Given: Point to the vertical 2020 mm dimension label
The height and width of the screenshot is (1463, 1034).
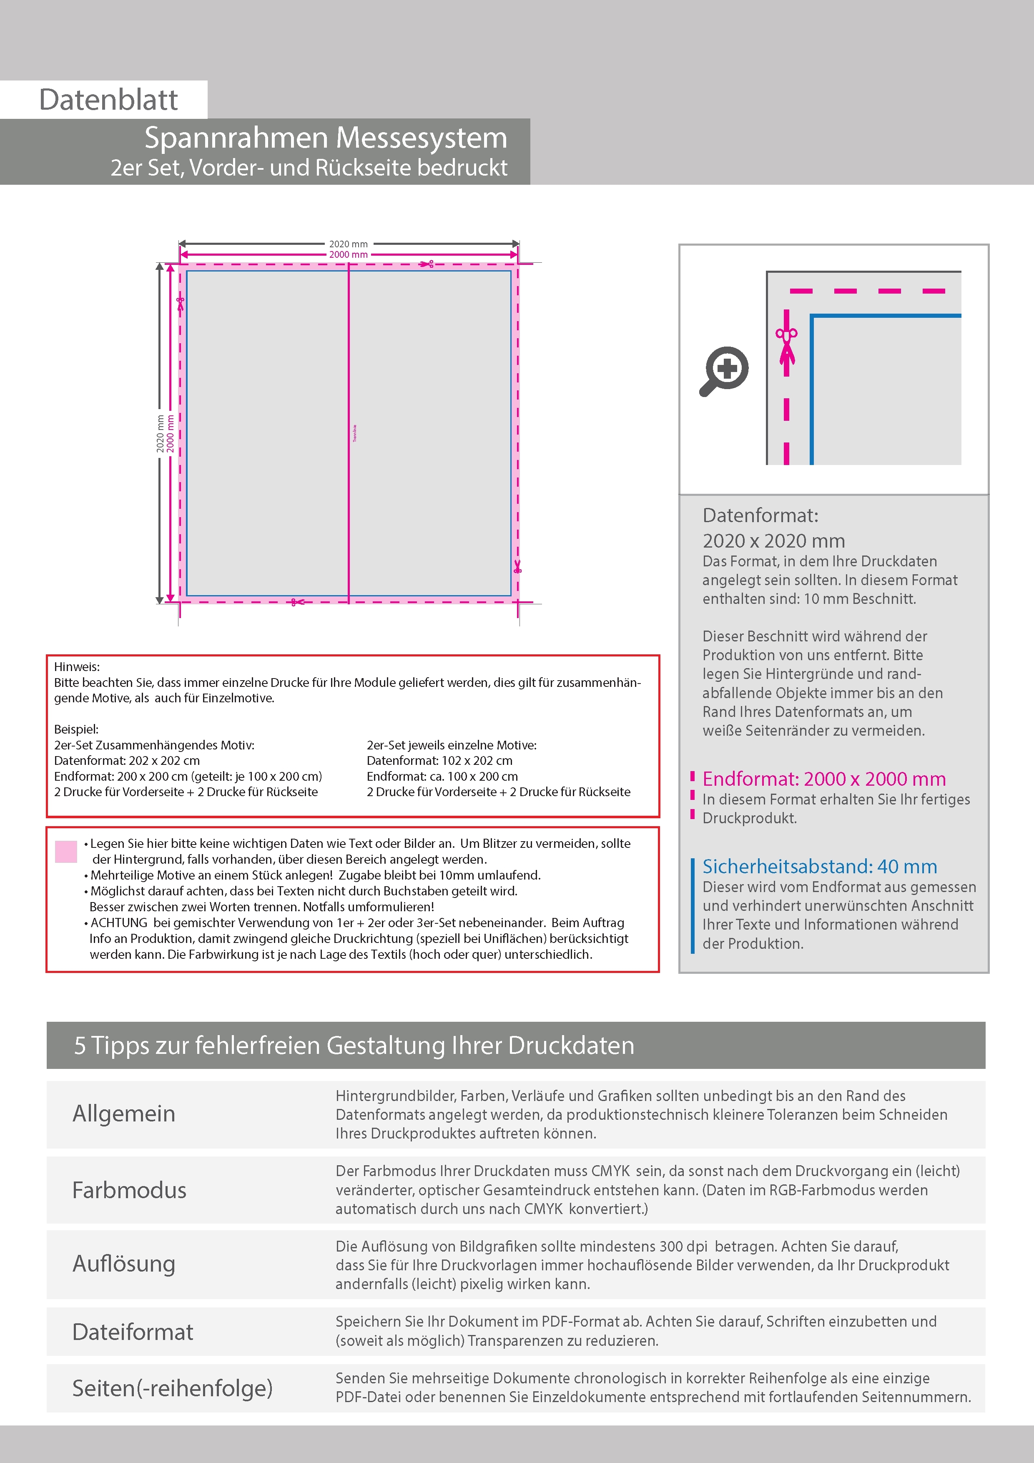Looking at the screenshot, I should [x=161, y=434].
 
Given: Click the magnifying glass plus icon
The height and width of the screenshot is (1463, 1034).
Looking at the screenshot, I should [x=724, y=370].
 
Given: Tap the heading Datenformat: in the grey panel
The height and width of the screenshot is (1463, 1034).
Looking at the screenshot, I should [x=760, y=515].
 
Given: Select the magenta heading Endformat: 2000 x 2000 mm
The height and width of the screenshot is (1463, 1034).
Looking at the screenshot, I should [x=824, y=779].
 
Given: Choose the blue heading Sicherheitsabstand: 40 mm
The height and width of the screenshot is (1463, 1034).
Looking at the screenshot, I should [x=819, y=867].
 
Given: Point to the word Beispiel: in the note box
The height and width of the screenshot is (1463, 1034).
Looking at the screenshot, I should [x=76, y=729].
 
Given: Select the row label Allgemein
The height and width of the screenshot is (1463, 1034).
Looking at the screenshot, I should [x=123, y=1113].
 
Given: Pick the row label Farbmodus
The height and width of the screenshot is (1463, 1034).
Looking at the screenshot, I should [x=129, y=1190].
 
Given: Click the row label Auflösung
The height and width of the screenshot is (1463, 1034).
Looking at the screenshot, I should [x=123, y=1264].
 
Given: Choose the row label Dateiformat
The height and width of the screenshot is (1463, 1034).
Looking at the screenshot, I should [x=133, y=1332].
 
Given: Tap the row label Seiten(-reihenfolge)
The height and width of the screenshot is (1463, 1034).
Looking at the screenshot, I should [x=172, y=1388].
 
